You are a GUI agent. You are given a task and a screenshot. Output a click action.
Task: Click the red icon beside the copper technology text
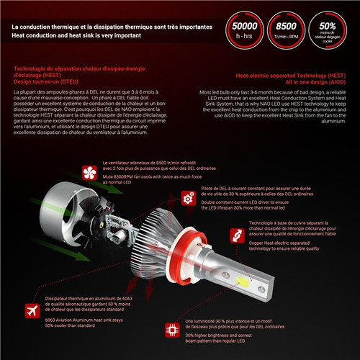[x=235, y=235]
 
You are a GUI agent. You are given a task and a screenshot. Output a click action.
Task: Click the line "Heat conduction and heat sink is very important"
[x=101, y=35]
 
